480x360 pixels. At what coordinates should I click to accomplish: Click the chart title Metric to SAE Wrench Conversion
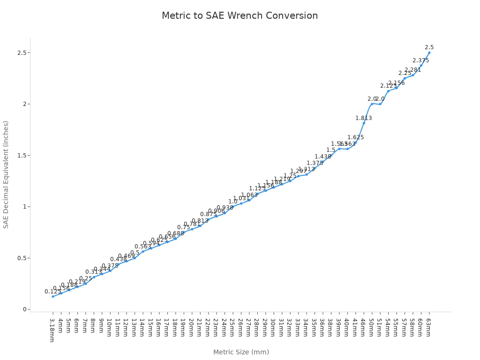point(240,15)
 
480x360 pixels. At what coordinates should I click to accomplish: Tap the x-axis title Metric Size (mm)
point(241,352)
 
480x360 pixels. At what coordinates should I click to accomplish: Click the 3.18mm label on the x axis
point(52,330)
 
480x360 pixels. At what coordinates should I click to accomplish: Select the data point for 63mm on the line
point(429,52)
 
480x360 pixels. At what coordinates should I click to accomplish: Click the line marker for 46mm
point(364,123)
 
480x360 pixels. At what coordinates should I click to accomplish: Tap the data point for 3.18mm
point(53,296)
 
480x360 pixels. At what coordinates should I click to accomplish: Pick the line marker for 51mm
point(380,104)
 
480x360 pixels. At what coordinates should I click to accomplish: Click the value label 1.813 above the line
point(363,118)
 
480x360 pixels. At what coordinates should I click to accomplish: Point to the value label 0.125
point(53,292)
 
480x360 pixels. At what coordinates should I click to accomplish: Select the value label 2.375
point(420,60)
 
